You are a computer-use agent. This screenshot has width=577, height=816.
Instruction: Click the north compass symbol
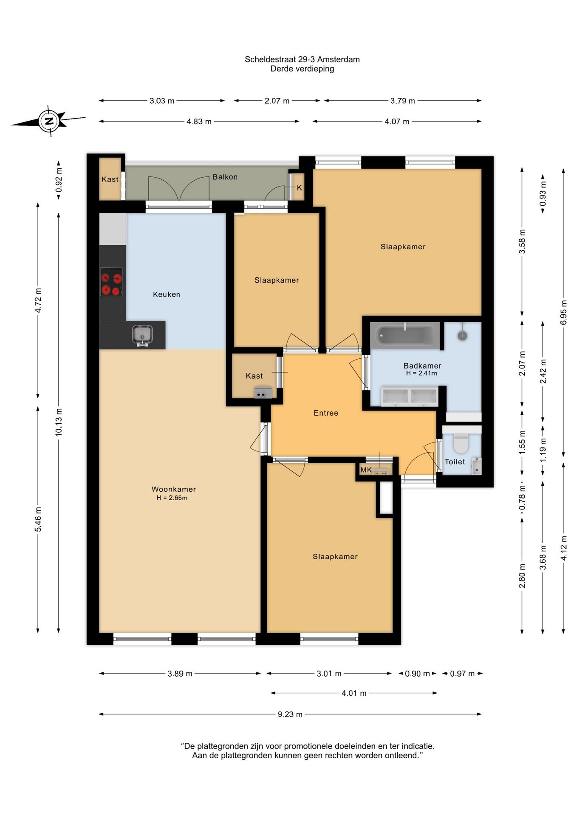(49, 121)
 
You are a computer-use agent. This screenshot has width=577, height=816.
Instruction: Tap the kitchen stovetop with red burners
(111, 282)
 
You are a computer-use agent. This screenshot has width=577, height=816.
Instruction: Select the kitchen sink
(142, 335)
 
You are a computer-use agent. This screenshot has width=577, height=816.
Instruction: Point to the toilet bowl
(461, 443)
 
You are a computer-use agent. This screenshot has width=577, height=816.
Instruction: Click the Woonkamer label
(174, 489)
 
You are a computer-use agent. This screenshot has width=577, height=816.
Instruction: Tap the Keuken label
(167, 294)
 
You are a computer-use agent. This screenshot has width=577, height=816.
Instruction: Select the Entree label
(326, 413)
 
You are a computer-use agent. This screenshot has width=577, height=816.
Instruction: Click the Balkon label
(225, 177)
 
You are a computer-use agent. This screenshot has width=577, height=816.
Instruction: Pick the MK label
(366, 470)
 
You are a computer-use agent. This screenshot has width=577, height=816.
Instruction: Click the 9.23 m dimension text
(290, 714)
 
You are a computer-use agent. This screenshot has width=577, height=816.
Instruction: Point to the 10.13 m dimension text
(59, 422)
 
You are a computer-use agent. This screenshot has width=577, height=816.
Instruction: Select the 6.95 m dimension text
(563, 312)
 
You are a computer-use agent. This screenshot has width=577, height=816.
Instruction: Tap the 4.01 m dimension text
(354, 693)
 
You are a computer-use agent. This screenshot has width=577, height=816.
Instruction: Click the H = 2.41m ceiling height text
(421, 373)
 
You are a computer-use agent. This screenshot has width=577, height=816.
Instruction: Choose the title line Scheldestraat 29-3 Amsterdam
(302, 59)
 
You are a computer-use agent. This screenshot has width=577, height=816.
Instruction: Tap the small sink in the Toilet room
(477, 466)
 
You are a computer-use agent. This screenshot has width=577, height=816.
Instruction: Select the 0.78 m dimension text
(522, 498)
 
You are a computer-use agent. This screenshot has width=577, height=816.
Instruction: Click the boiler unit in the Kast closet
(263, 393)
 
